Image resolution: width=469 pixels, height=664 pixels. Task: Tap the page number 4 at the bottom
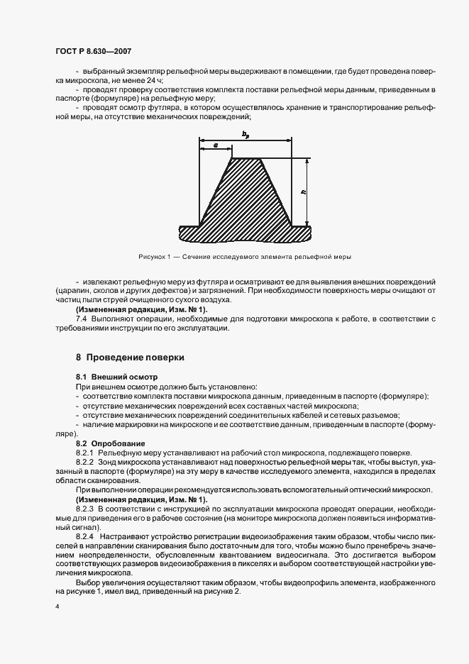pyautogui.click(x=56, y=608)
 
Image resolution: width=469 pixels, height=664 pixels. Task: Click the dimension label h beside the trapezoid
pyautogui.click(x=303, y=192)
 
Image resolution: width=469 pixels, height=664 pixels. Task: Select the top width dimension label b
pyautogui.click(x=245, y=133)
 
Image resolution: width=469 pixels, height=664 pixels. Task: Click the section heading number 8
pyautogui.click(x=79, y=357)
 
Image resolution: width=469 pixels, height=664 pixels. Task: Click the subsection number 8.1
pyautogui.click(x=82, y=375)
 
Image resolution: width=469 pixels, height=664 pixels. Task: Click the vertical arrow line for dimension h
pyautogui.click(x=309, y=192)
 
